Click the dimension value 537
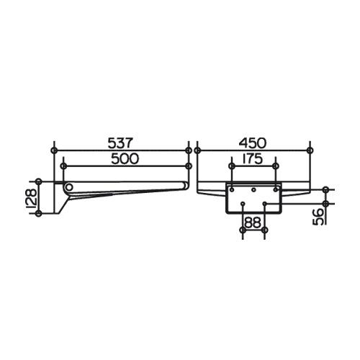pos(120,143)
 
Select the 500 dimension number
pos(125,158)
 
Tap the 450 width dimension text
pos(253,143)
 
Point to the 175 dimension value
pos(252,158)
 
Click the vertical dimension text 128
pos(32,197)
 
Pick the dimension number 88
pos(253,222)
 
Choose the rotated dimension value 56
pos(318,217)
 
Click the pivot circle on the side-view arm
pos(69,186)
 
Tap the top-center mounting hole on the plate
pos(253,190)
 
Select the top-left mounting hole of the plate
pos(232,190)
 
